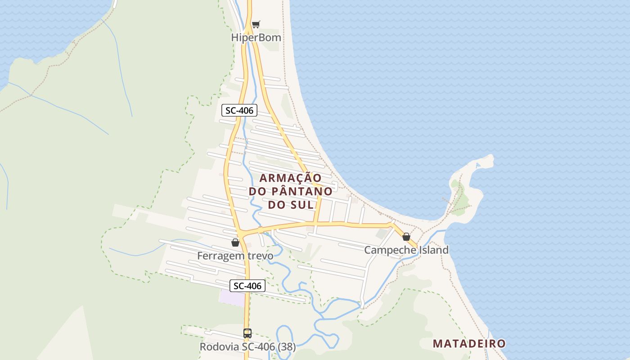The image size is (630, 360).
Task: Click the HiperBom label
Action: (x=256, y=37)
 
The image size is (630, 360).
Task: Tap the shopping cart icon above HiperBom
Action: (x=256, y=24)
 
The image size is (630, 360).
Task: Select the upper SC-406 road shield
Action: (x=239, y=110)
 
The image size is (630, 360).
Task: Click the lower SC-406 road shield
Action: (x=247, y=286)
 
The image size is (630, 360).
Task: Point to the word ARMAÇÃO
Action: (x=291, y=178)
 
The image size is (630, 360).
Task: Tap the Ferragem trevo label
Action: (x=235, y=256)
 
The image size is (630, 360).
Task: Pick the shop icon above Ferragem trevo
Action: (x=235, y=243)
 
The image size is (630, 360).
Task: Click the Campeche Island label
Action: (x=406, y=250)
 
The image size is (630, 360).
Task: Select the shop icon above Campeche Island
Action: (x=406, y=237)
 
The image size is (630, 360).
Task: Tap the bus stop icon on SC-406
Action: (x=247, y=333)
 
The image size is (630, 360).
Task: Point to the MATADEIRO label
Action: (x=469, y=344)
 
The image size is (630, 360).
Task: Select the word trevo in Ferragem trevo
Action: (x=258, y=256)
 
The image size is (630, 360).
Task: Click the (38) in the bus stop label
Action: (x=286, y=347)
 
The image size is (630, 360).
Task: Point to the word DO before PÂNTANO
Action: (x=258, y=191)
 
